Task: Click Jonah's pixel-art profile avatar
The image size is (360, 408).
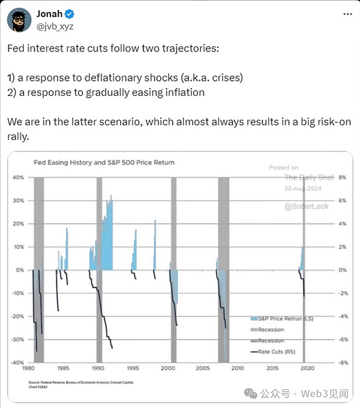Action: tap(19, 20)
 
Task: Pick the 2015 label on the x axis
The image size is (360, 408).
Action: tap(272, 369)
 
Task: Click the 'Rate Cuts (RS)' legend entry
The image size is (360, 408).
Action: tap(275, 352)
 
